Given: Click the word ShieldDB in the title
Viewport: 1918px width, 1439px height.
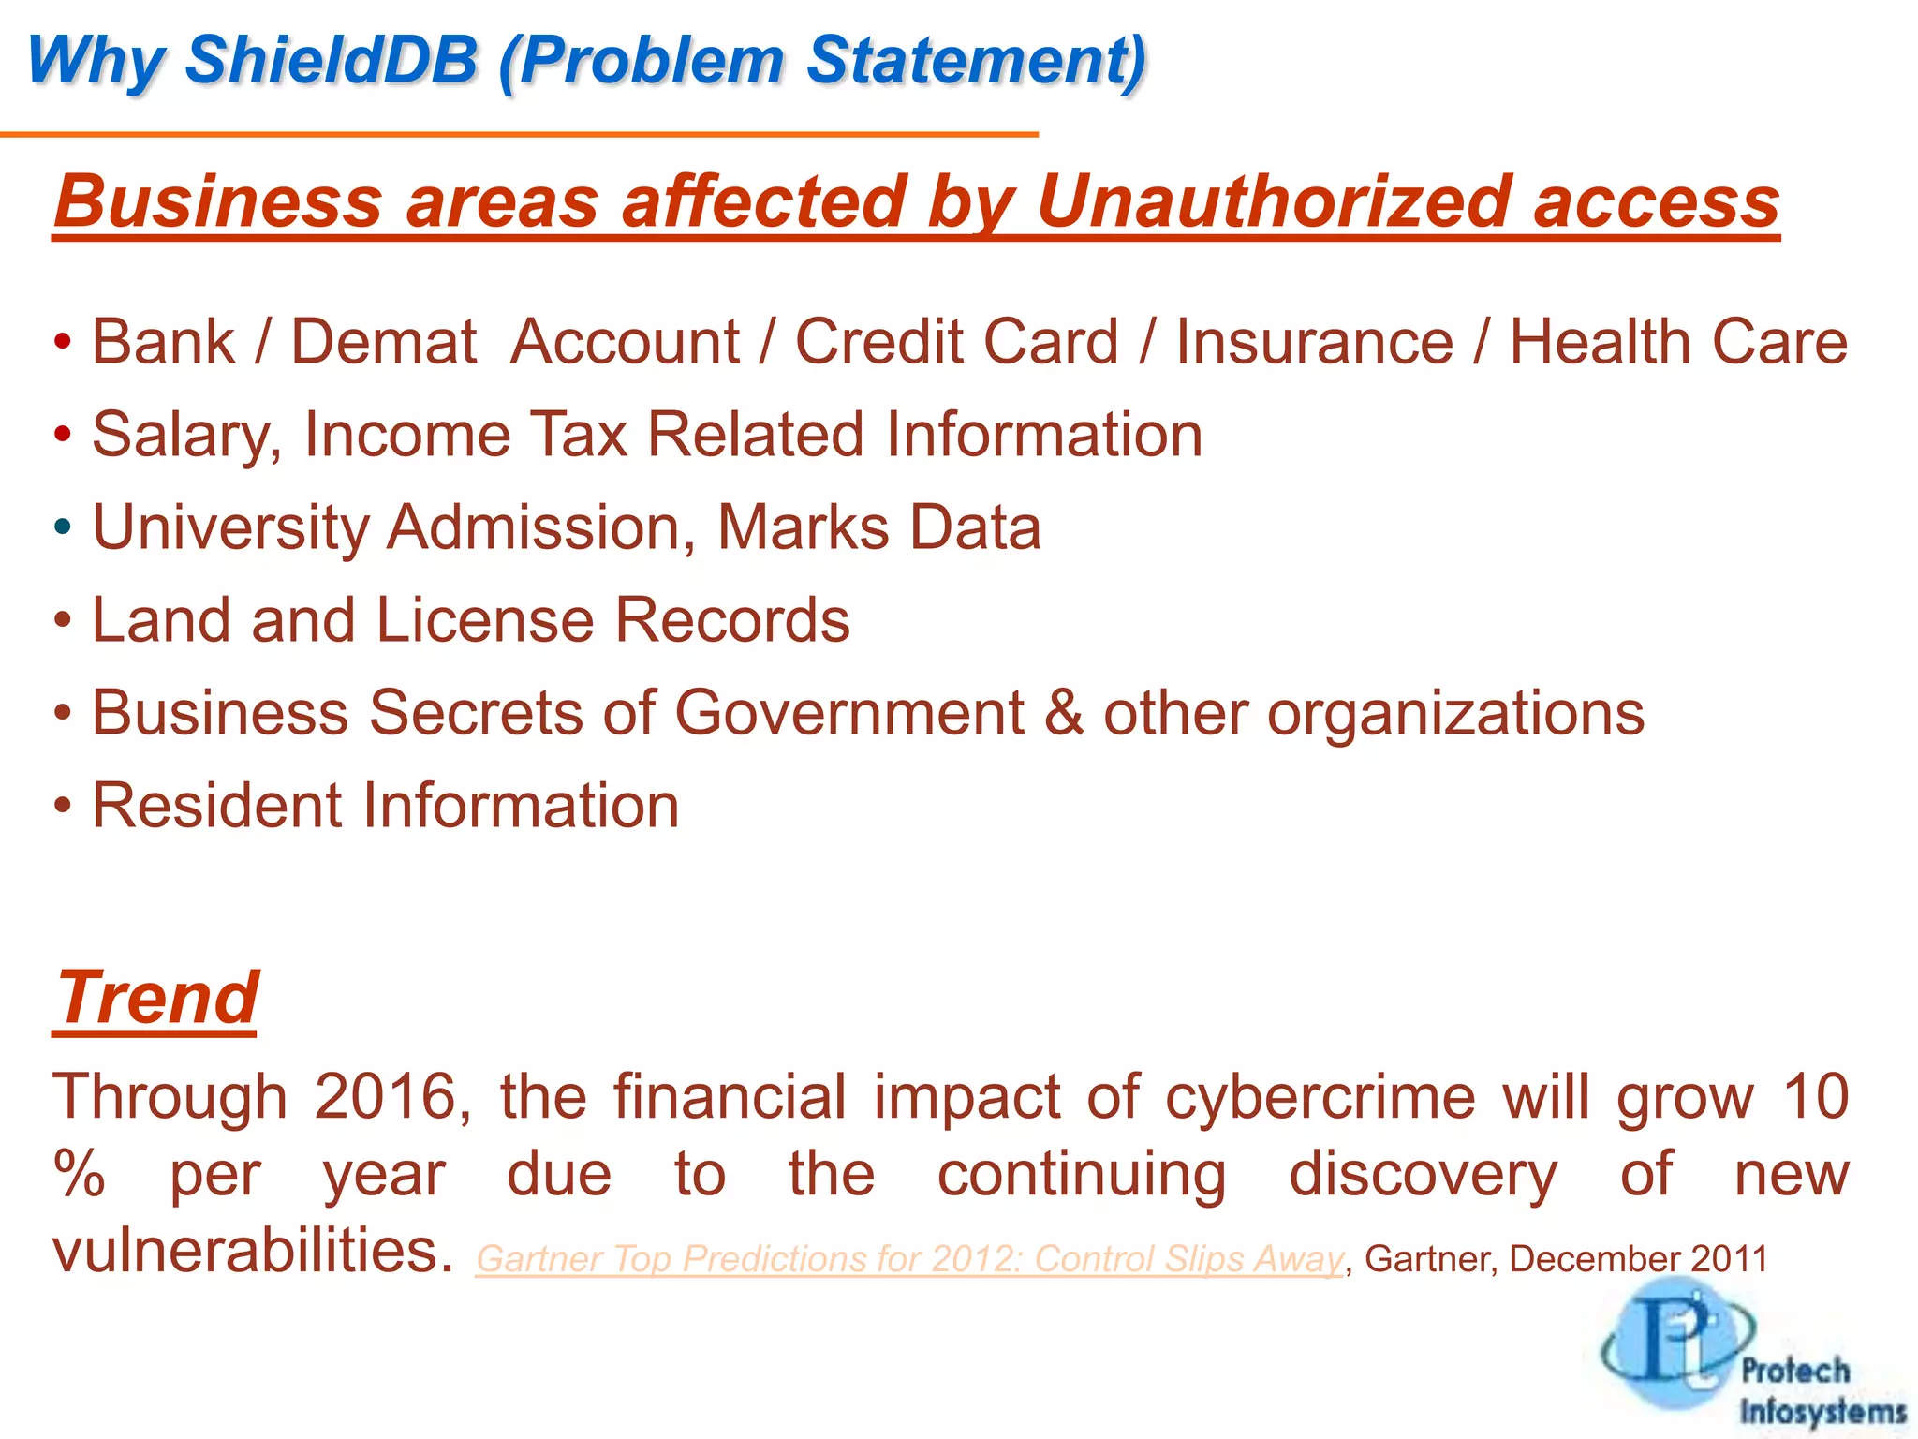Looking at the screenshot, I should pyautogui.click(x=332, y=60).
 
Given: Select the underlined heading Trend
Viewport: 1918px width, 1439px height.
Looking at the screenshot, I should pyautogui.click(x=156, y=998).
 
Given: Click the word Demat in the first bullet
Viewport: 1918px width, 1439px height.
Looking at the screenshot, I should pyautogui.click(x=384, y=341).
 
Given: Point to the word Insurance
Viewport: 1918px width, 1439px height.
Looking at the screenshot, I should pyautogui.click(x=1314, y=341).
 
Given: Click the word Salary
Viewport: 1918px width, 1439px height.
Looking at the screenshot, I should pyautogui.click(x=185, y=435).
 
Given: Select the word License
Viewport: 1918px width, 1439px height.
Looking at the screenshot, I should pyautogui.click(x=483, y=620).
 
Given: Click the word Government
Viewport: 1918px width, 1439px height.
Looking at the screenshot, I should pyautogui.click(x=849, y=713).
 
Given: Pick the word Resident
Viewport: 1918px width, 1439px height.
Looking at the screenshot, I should pyautogui.click(x=216, y=806).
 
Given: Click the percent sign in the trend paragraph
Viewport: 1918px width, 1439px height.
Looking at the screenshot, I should pyautogui.click(x=79, y=1175).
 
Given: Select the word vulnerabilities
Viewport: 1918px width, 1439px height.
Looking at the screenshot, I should pyautogui.click(x=245, y=1251).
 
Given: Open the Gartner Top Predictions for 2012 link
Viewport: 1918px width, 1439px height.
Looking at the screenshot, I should pyautogui.click(x=908, y=1259).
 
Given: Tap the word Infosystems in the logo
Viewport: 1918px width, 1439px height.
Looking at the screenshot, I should pyautogui.click(x=1822, y=1411).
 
